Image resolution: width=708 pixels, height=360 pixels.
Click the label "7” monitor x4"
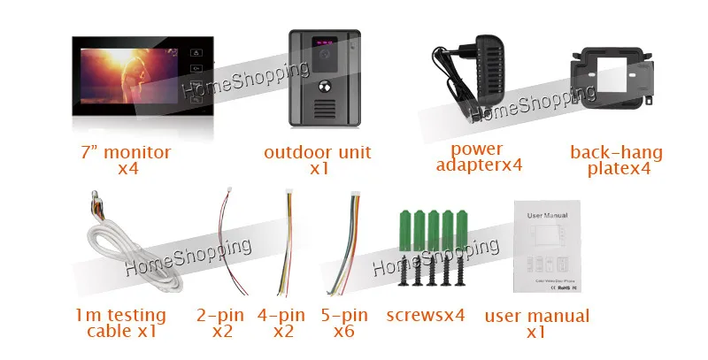pyautogui.click(x=123, y=160)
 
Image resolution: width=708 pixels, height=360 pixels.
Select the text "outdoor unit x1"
pyautogui.click(x=318, y=160)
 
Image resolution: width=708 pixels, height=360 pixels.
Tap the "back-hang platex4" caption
pyautogui.click(x=616, y=160)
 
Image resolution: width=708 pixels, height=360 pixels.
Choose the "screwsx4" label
pyautogui.click(x=426, y=316)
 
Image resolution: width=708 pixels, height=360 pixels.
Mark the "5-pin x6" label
pyautogui.click(x=344, y=323)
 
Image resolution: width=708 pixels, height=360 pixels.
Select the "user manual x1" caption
pyautogui.click(x=536, y=324)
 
